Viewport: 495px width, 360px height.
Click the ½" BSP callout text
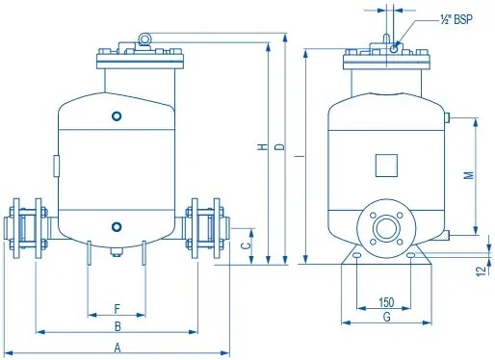click(x=456, y=19)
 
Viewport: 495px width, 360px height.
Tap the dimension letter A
click(x=117, y=347)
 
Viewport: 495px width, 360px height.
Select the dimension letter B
click(x=117, y=326)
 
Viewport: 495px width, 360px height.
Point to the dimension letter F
click(x=117, y=309)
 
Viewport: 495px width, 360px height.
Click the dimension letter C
click(x=246, y=245)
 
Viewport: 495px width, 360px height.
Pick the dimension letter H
click(x=263, y=147)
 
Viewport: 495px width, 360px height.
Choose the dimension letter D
click(x=280, y=147)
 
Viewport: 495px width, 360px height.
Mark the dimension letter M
click(x=469, y=175)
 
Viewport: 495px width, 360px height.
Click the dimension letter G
click(x=387, y=317)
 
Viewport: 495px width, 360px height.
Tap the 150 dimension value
click(x=386, y=302)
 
